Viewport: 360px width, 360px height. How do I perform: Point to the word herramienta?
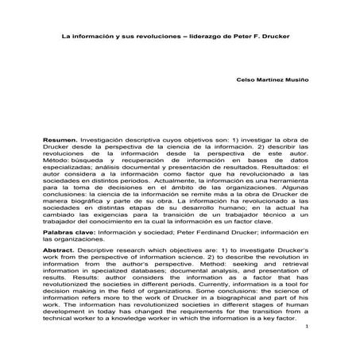[x=291, y=182]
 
